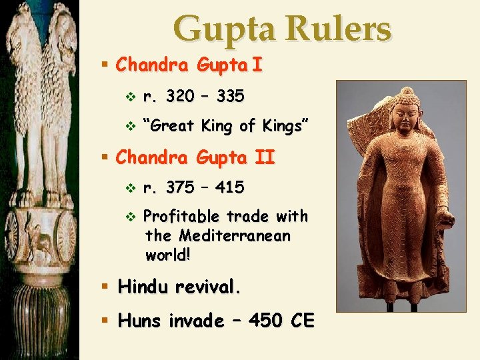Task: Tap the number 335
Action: (x=231, y=97)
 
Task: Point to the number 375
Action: (x=181, y=188)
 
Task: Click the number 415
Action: (x=230, y=188)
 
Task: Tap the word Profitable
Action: (x=181, y=217)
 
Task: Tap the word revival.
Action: (x=207, y=287)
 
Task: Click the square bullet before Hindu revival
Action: (x=104, y=287)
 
